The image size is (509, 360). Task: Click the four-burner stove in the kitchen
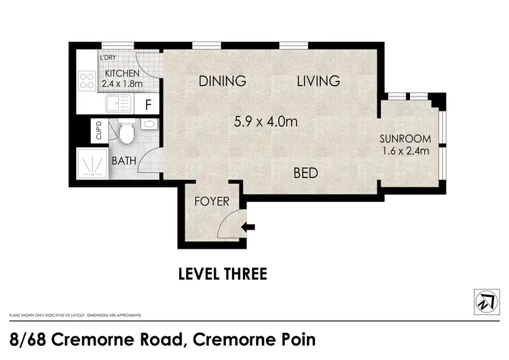pos(87,82)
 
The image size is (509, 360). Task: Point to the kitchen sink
pos(119,104)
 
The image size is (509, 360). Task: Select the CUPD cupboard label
pos(98,130)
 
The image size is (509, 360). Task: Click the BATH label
pos(124,161)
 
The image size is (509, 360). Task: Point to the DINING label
pos(222,82)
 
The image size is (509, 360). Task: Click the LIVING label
pos(318,82)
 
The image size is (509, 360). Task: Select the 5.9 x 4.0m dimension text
pos(266,123)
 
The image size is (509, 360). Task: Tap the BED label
pos(305,173)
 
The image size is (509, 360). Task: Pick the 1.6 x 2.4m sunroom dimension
pos(406,151)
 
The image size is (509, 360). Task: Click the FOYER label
pos(211,202)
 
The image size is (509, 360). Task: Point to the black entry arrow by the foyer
pos(249,227)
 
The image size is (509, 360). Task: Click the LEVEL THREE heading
pos(223,274)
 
